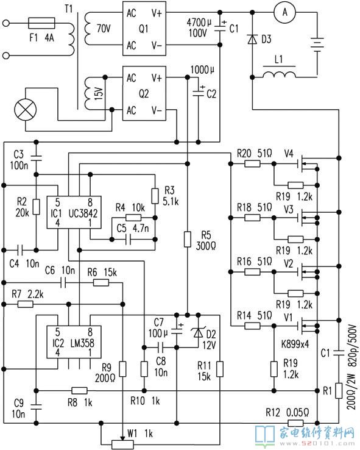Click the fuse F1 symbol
(x=41, y=23)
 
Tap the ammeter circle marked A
(x=284, y=12)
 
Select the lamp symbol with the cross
(x=26, y=110)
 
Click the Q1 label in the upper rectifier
(x=144, y=29)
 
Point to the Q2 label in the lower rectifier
(x=144, y=93)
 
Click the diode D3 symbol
(x=252, y=39)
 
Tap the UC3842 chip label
(x=83, y=213)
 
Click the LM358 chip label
(x=82, y=343)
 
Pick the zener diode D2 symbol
(x=198, y=332)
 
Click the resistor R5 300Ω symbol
(x=187, y=240)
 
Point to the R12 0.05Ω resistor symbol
(x=295, y=423)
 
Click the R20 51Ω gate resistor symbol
(x=252, y=164)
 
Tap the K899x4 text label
(x=295, y=343)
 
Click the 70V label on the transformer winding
(x=104, y=29)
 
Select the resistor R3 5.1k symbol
(x=155, y=196)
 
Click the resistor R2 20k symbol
(x=36, y=207)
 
